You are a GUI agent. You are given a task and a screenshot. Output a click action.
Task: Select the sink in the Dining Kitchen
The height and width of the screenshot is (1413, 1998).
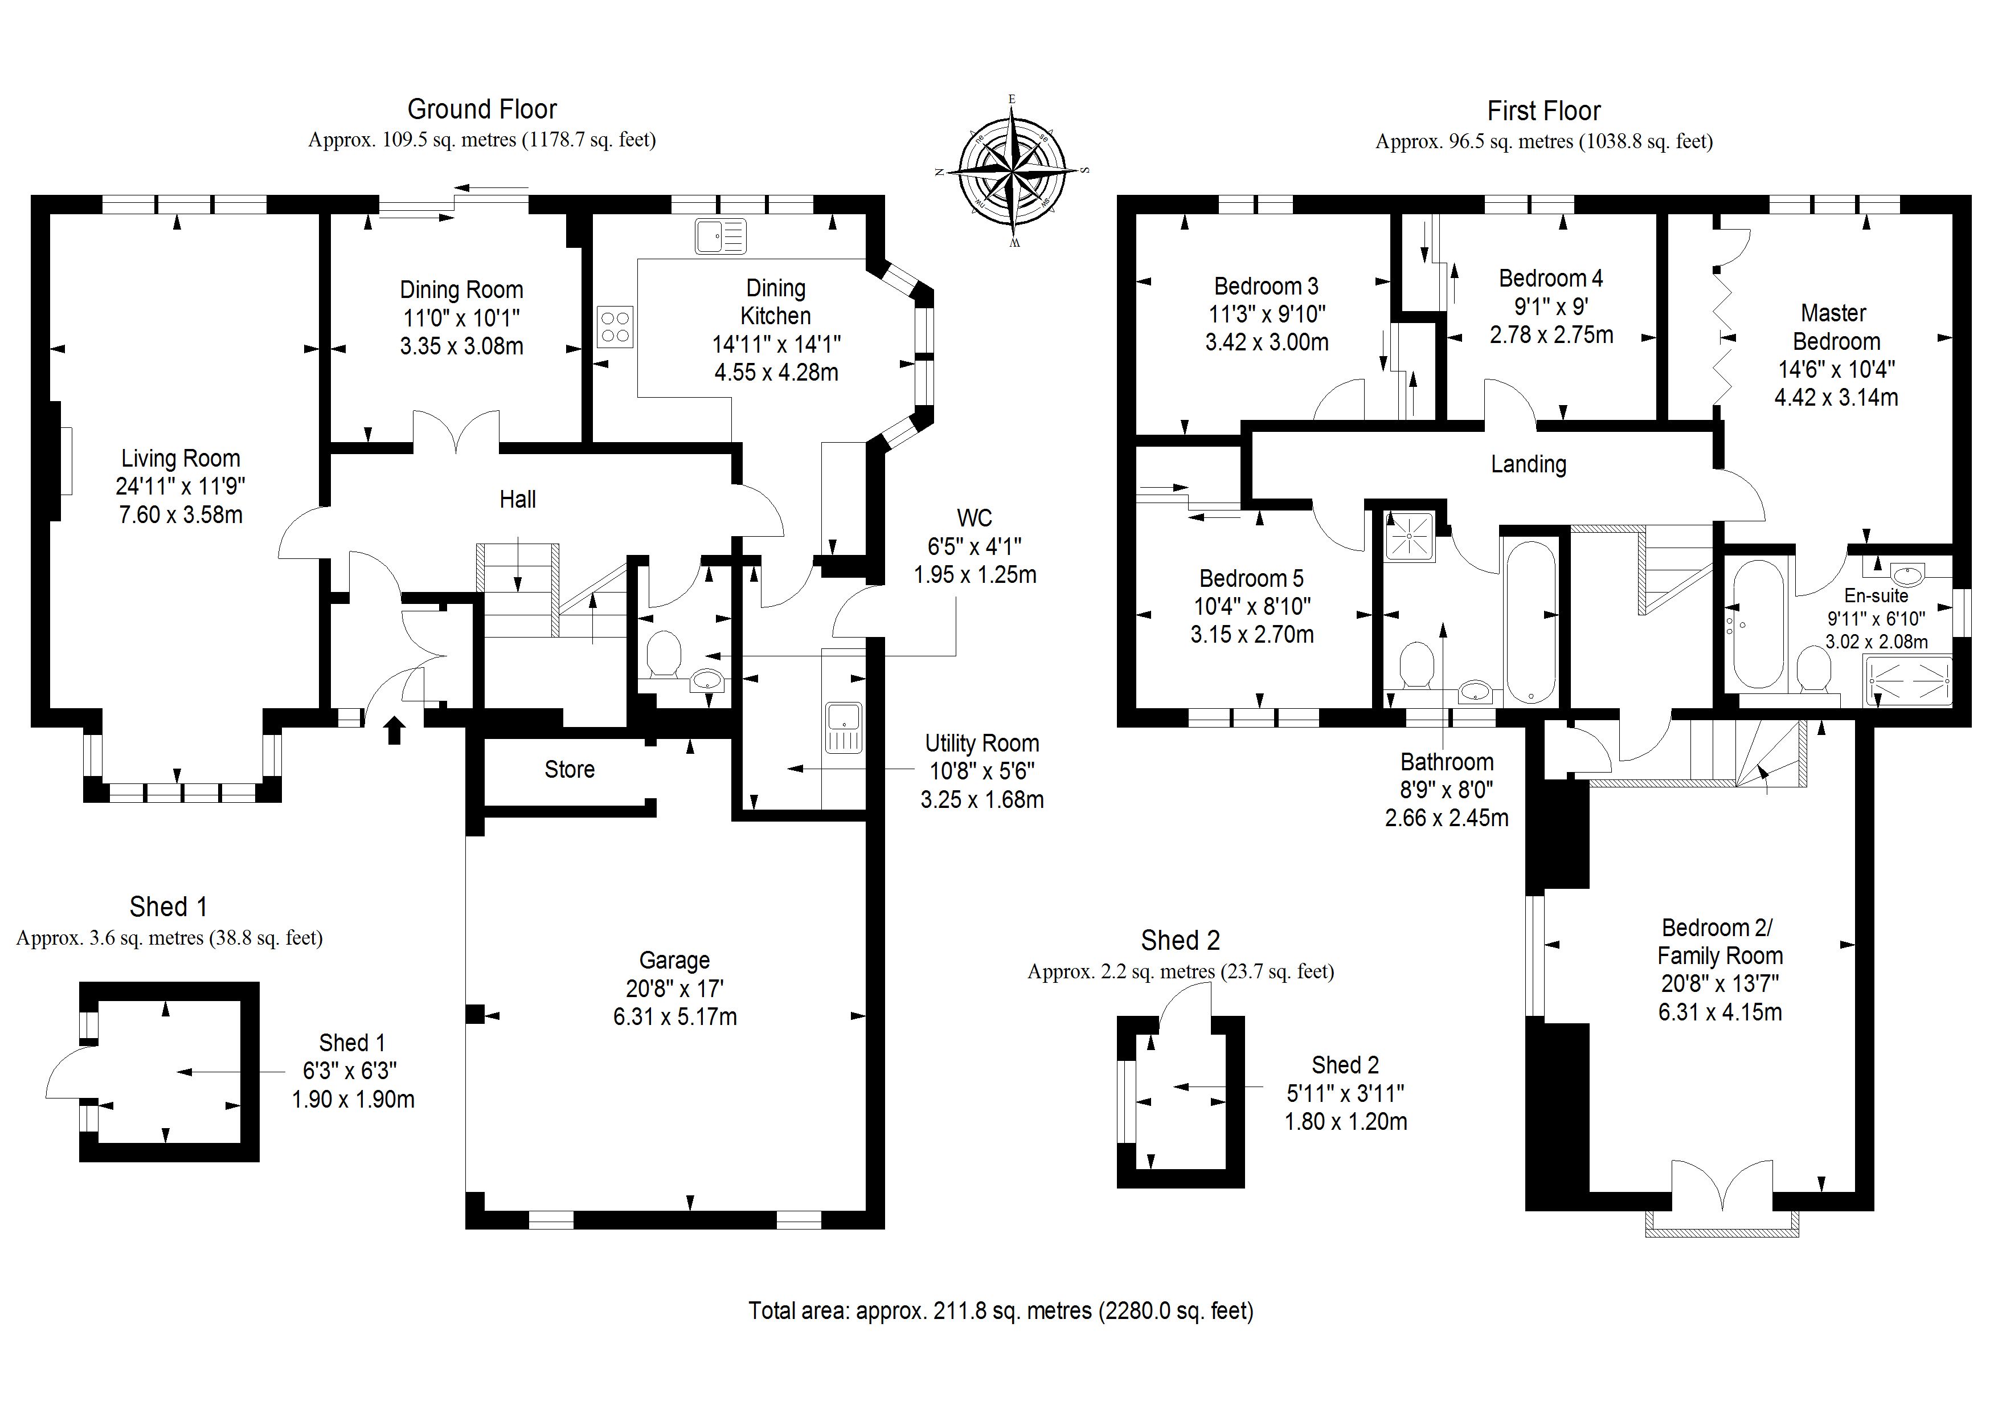[720, 236]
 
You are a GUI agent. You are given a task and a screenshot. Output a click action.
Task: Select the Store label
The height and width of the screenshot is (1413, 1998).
[569, 770]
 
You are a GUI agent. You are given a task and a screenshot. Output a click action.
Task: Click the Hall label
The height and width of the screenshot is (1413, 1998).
[518, 500]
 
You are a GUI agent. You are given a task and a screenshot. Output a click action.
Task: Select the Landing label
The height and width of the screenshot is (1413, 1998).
[1528, 464]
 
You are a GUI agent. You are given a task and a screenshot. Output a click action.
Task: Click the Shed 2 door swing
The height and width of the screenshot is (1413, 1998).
[1185, 1008]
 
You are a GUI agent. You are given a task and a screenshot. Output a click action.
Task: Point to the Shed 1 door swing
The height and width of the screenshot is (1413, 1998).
[64, 1073]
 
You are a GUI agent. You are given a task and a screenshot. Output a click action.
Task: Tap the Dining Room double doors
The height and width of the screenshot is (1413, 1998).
[456, 431]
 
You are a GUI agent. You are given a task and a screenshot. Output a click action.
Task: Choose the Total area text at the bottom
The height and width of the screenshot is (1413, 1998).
[1001, 1310]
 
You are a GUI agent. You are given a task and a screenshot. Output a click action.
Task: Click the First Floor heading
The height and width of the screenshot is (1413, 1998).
[1543, 112]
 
